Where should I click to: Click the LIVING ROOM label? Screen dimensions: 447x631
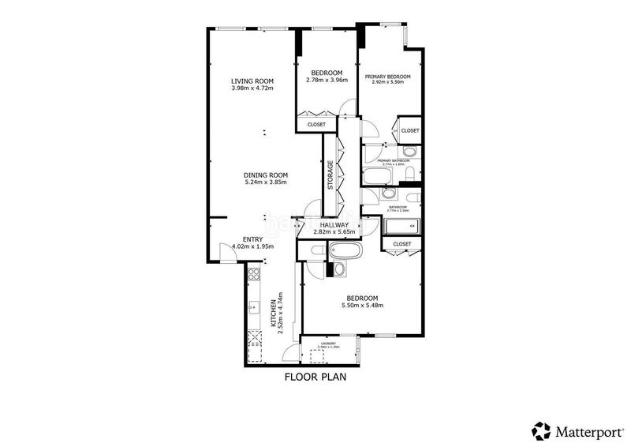pos(251,81)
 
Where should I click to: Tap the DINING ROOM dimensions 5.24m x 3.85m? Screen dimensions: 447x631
pos(265,182)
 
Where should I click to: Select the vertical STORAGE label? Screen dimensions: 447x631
pos(331,175)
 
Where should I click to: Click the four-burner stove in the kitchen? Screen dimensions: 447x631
pos(255,275)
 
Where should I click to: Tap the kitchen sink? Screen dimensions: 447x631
pos(254,307)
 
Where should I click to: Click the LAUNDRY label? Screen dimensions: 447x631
pos(328,343)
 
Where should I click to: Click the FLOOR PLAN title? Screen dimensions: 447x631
pos(315,377)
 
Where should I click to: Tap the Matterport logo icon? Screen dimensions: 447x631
pos(540,430)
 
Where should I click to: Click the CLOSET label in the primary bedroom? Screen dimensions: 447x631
pos(409,130)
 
